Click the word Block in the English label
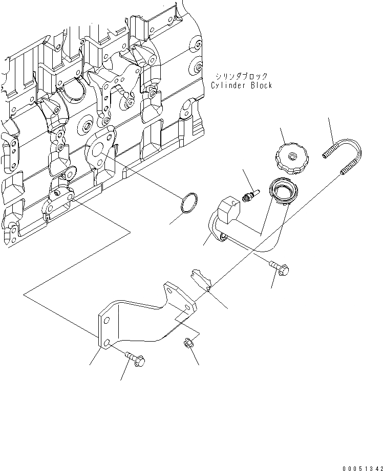260,85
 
